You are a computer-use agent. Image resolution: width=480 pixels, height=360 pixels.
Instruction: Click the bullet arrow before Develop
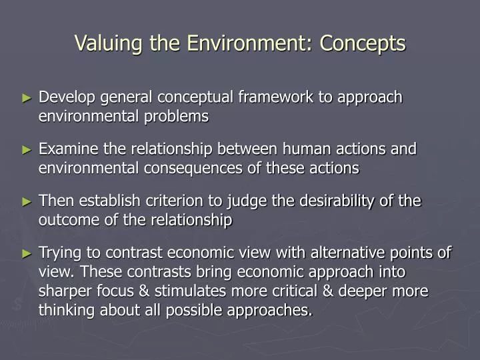click(x=27, y=98)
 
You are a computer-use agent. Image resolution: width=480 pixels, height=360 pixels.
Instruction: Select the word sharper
click(x=65, y=292)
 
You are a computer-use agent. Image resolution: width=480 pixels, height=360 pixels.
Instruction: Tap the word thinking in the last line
click(x=65, y=311)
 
